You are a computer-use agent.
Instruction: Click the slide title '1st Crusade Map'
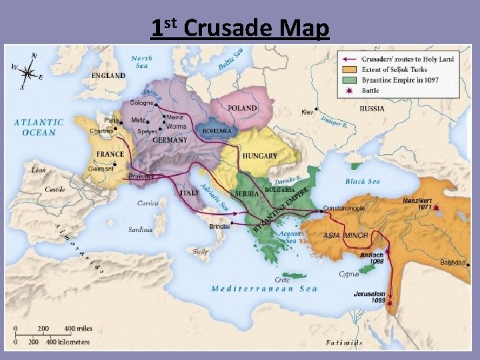point(240,28)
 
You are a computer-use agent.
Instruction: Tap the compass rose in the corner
point(27,70)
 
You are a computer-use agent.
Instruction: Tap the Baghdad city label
point(453,262)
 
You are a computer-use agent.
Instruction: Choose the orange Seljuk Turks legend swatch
point(349,70)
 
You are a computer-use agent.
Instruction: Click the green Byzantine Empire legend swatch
point(349,80)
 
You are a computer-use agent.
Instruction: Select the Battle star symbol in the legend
point(349,91)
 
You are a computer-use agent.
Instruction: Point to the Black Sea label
point(363,181)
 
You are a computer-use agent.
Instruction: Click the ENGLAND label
point(108,75)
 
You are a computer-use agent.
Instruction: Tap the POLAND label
point(243,108)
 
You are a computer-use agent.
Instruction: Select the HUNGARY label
point(259,155)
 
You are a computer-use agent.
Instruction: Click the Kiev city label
point(307,112)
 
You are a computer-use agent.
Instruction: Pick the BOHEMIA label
point(217,131)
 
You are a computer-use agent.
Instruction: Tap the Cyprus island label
point(349,274)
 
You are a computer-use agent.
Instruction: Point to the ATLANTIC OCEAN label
point(39,127)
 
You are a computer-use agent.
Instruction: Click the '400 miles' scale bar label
point(79,329)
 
